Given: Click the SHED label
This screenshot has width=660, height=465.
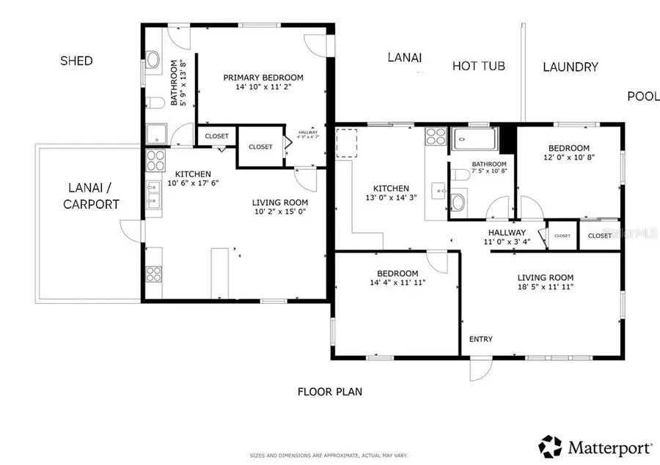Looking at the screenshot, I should [x=76, y=61].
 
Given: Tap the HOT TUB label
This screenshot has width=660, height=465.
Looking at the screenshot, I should [x=478, y=66].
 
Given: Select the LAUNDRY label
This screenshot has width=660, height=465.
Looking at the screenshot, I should [x=571, y=67].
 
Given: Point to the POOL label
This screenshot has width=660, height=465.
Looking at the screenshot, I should [x=643, y=96].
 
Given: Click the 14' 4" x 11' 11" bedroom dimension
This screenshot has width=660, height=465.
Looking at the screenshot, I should [x=398, y=282].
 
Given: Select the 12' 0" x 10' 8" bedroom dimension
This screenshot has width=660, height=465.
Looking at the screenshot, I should [x=569, y=157].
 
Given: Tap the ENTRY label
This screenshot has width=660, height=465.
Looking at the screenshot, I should [x=481, y=339].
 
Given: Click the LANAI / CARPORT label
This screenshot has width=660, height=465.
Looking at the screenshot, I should [x=90, y=197].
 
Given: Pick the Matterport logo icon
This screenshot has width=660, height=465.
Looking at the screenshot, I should [x=551, y=445].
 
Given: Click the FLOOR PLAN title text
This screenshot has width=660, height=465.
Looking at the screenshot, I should [x=329, y=392].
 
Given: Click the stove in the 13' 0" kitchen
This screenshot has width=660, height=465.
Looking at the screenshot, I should [x=436, y=136].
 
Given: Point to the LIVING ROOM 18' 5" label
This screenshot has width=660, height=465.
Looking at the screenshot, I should [x=545, y=278].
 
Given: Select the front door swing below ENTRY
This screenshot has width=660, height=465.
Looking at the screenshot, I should [x=478, y=371].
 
